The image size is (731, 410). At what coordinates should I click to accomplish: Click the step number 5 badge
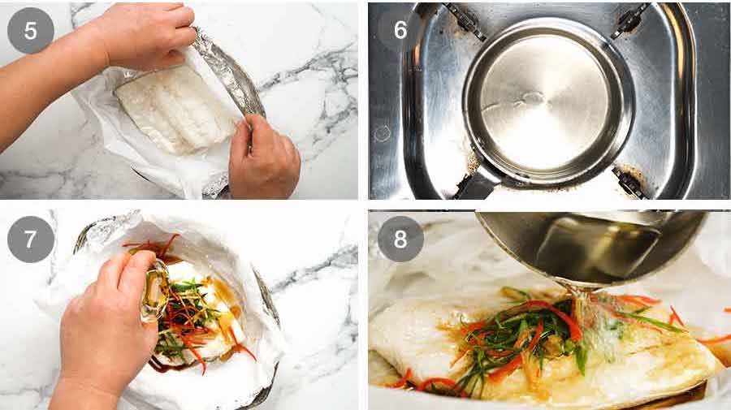(30, 30)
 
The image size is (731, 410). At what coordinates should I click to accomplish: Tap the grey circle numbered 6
(400, 30)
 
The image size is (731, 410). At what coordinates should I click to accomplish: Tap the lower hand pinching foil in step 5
(262, 154)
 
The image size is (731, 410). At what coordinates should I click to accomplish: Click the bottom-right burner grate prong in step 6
(629, 180)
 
